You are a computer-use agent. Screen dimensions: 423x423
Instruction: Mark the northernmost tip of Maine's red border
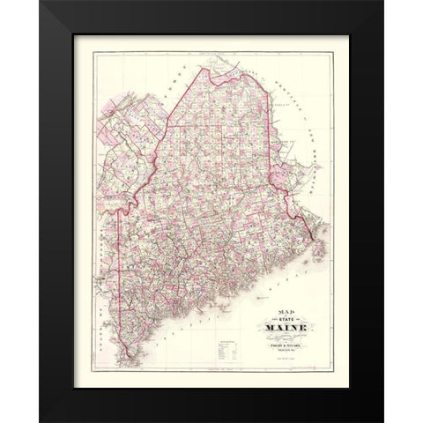[x=217, y=58]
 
